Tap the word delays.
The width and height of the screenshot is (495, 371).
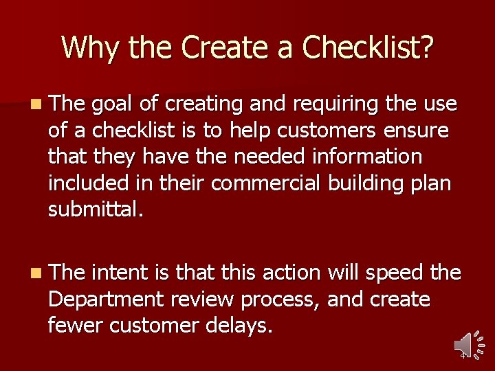coord(238,326)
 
